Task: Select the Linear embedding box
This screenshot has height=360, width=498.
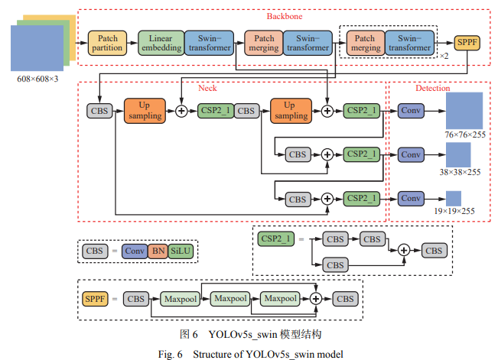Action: (161, 43)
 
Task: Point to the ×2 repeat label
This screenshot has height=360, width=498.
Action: (444, 55)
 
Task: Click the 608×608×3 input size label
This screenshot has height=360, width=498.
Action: (37, 79)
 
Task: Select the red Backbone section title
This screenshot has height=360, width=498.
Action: (284, 16)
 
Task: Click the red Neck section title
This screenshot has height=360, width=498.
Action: (207, 89)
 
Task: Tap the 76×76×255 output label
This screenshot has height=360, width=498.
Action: (465, 135)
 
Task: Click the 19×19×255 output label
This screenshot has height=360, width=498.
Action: (465, 211)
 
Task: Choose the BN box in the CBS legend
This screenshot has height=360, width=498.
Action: (158, 251)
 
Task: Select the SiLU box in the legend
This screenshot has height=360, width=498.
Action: (182, 251)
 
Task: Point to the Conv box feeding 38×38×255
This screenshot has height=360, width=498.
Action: (411, 154)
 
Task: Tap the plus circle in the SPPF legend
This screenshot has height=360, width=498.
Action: (314, 298)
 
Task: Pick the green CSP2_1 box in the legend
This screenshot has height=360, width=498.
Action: (275, 239)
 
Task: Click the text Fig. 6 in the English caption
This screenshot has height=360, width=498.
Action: (169, 354)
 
